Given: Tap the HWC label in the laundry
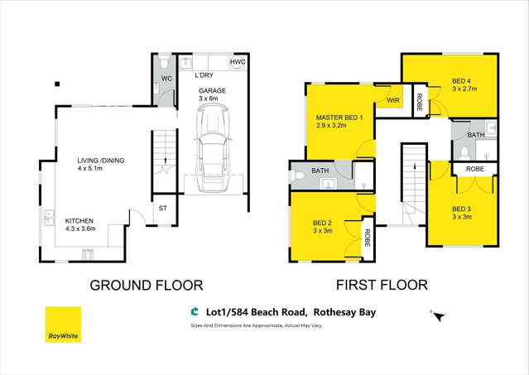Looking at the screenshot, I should (x=237, y=62).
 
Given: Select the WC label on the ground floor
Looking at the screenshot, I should (x=166, y=79).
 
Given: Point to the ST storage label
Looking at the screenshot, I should (x=162, y=209).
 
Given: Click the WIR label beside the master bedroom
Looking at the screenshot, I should (x=393, y=101).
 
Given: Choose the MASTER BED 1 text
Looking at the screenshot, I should (x=339, y=118).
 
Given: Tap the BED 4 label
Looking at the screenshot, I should (x=461, y=82).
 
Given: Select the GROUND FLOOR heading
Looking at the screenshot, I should (x=146, y=286).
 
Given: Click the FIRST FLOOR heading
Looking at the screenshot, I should (x=382, y=286).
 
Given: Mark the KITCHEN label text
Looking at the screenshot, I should (x=79, y=221).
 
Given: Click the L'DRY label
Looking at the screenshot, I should (x=204, y=75).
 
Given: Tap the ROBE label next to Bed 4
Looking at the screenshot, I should (x=420, y=103).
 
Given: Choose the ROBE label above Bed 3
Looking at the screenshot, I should (x=475, y=168).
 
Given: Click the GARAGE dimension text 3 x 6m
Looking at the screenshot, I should (x=212, y=99).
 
